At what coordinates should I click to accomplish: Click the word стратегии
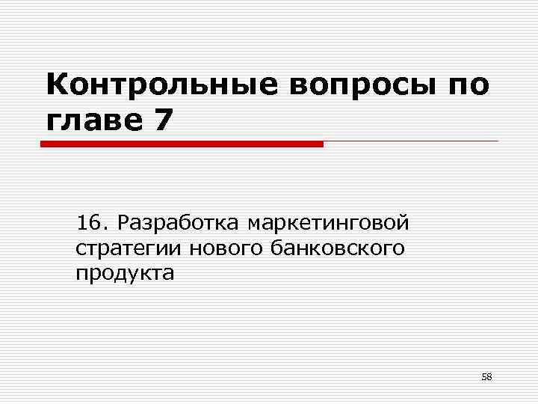pyautogui.click(x=129, y=248)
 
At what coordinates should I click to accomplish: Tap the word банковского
pyautogui.click(x=336, y=248)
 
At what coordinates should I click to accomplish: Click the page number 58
pyautogui.click(x=486, y=376)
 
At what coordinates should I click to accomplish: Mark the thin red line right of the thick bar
pyautogui.click(x=411, y=141)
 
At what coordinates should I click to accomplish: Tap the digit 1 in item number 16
pyautogui.click(x=82, y=223)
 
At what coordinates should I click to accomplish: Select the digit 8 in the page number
pyautogui.click(x=489, y=376)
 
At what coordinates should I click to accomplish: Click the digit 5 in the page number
pyautogui.click(x=483, y=376)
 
